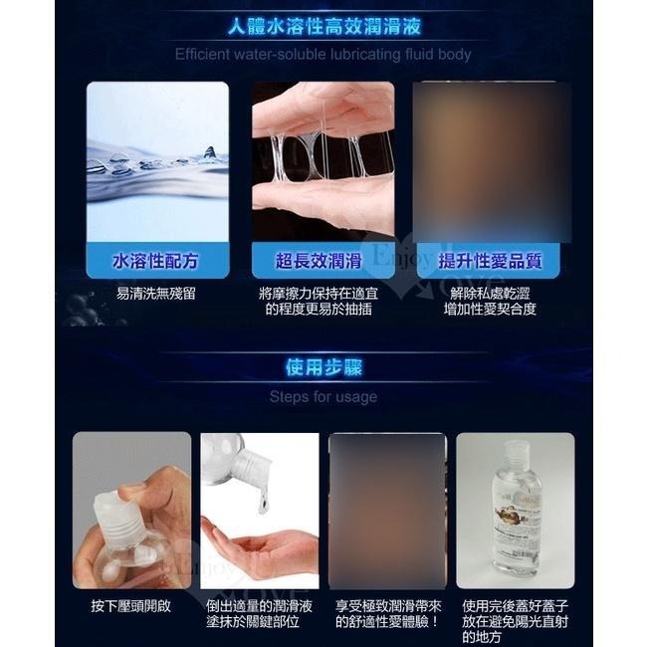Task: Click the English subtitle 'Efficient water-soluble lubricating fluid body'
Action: [323, 54]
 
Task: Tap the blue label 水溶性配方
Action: [156, 262]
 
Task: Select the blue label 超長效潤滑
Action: [319, 262]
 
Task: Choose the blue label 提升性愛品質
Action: [490, 262]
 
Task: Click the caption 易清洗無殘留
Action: [156, 294]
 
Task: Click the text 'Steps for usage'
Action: [323, 396]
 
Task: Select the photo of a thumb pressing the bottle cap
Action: [130, 508]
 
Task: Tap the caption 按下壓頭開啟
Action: [131, 605]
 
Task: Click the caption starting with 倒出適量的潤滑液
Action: [260, 613]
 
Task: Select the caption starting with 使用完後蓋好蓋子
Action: [516, 621]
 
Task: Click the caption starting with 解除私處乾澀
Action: [490, 301]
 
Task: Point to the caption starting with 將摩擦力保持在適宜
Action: [319, 301]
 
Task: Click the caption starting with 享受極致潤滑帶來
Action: [388, 613]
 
